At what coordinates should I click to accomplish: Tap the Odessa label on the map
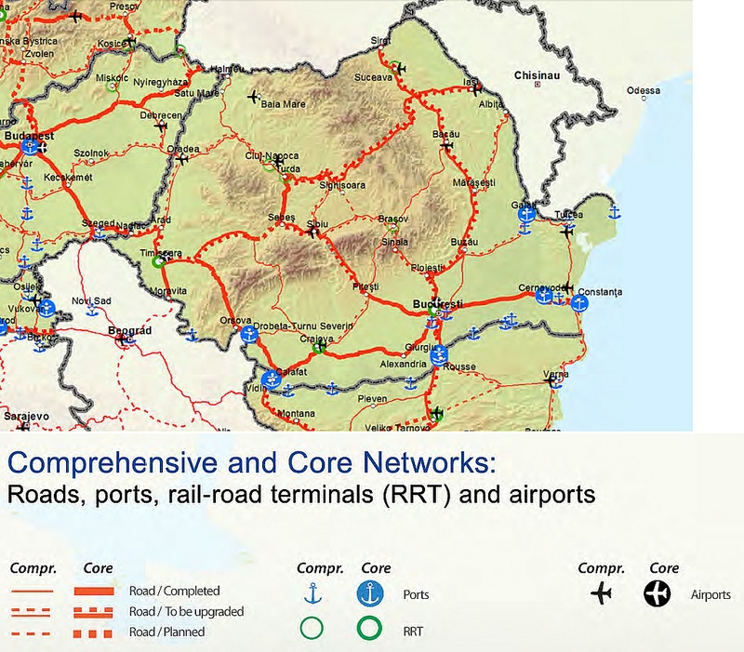644,90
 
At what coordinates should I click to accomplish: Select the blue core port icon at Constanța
580,302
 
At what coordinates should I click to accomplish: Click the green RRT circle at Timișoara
159,262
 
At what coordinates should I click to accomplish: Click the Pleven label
372,399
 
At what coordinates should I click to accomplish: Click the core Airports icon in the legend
657,593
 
